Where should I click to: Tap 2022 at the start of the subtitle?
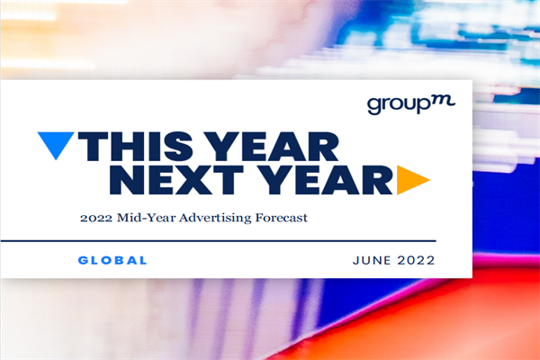(x=96, y=217)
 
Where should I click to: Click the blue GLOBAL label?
(x=112, y=260)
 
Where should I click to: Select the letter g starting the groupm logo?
(x=373, y=107)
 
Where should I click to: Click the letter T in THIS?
(x=94, y=146)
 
